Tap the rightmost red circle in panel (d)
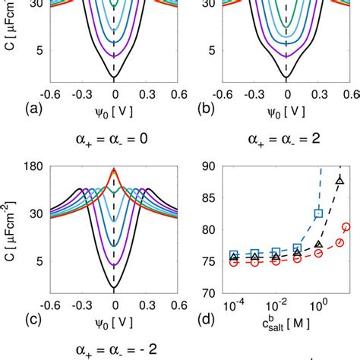tap(346, 226)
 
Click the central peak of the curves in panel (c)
tap(114, 172)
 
